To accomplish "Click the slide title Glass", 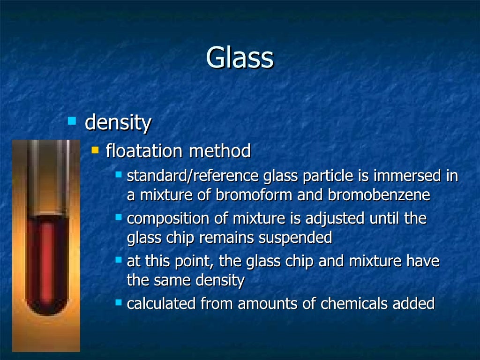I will (x=240, y=58).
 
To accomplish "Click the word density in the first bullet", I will (x=118, y=123).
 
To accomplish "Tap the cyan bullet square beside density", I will (x=72, y=121).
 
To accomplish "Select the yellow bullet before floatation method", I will (x=96, y=150).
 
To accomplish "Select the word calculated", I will (x=162, y=304).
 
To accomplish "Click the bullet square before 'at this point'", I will (x=119, y=259).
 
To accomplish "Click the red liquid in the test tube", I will (x=47, y=262).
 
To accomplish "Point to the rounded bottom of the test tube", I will (x=47, y=309).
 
